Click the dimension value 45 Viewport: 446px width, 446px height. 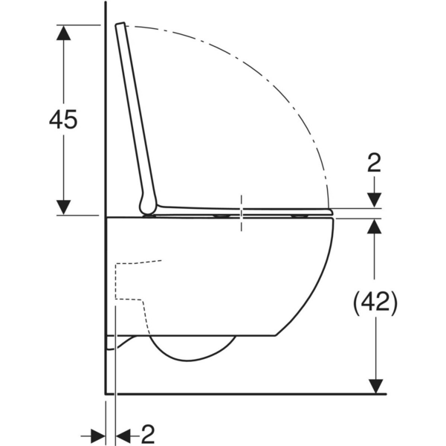62,119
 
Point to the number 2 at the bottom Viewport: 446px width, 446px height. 147,433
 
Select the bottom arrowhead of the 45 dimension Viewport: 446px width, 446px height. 64,207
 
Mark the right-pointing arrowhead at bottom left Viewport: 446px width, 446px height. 99,434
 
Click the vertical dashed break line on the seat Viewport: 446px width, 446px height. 242,212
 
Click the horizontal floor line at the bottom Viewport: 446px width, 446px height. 245,393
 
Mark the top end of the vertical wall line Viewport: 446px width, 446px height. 106,4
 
